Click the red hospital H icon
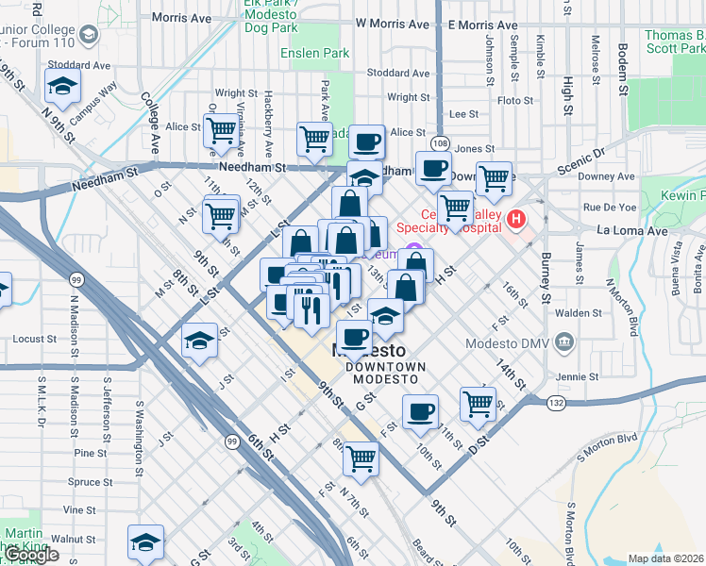point(516,221)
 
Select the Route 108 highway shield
point(441,142)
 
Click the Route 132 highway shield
point(556,403)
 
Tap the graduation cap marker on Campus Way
point(63,87)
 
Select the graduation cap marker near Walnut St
point(145,542)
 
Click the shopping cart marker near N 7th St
point(361,458)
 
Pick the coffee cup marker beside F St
point(420,410)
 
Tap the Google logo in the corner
point(30,555)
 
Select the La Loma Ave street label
point(631,230)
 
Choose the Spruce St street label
point(92,482)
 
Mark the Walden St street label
point(579,312)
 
